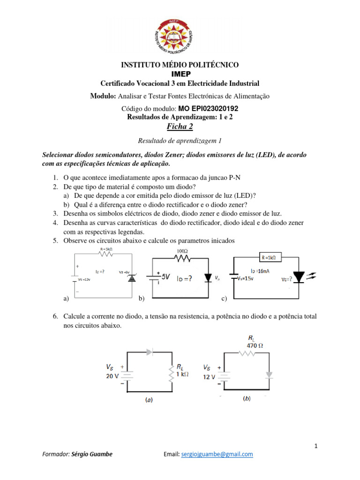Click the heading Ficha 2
pos(180,127)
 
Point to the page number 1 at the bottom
pos(316,446)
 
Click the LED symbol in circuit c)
pos(299,277)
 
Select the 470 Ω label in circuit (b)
pos(255,345)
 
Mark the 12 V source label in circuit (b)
pos(209,376)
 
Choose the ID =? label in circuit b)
pos(183,280)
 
